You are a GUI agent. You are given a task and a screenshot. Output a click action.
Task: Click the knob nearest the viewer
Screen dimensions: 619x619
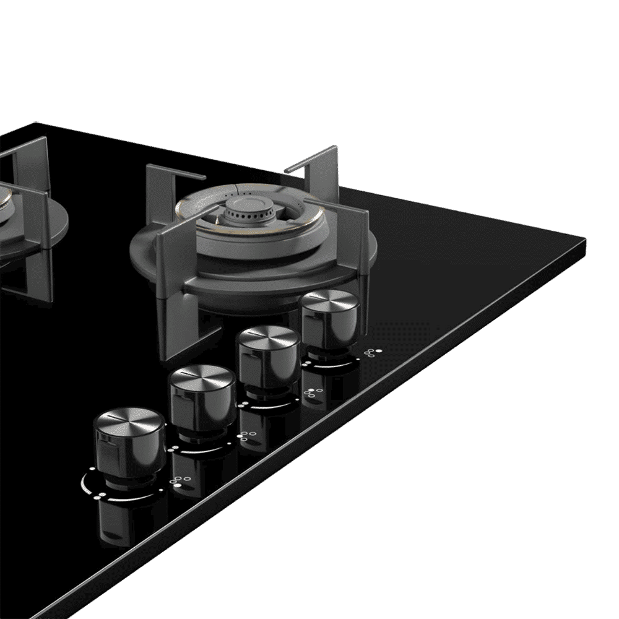point(128,449)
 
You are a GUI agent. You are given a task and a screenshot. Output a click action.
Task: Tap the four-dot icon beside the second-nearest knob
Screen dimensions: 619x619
point(246,436)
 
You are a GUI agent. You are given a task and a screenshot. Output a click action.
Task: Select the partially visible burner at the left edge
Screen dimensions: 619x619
point(12,214)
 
